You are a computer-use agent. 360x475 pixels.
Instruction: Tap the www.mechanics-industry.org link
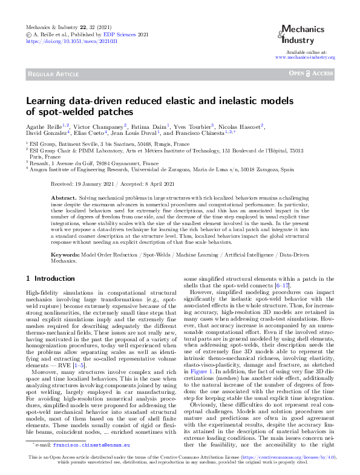coord(305,57)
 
